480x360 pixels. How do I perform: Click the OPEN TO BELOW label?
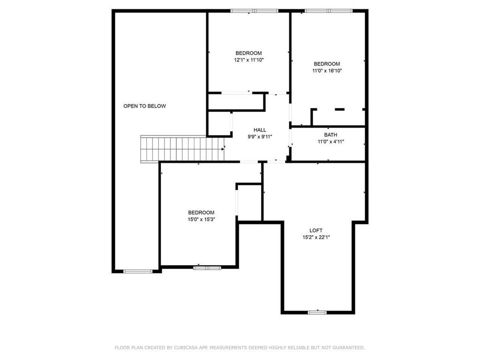[144, 106]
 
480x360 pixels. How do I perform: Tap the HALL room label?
[260, 130]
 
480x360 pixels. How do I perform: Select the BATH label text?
[330, 135]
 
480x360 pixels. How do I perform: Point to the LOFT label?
[316, 231]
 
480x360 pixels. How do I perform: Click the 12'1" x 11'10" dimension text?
[249, 60]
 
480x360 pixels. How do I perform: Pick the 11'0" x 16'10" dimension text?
[327, 71]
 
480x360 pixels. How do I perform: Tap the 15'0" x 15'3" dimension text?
[202, 219]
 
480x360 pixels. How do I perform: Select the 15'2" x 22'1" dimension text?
[316, 237]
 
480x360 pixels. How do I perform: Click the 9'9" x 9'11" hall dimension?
[260, 137]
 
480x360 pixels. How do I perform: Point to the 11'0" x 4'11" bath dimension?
[331, 142]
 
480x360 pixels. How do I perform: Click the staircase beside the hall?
[182, 149]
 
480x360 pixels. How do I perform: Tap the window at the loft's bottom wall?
[317, 312]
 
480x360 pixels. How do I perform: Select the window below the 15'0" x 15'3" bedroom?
[207, 268]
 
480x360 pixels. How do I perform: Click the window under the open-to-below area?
[138, 271]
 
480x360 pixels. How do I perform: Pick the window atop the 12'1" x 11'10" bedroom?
[255, 11]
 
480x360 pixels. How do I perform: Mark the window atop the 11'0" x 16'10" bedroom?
[329, 11]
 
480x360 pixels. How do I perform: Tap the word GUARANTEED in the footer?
[348, 347]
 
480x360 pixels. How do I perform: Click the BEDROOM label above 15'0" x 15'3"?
[201, 212]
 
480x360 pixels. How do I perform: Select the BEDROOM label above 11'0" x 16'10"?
[327, 64]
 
